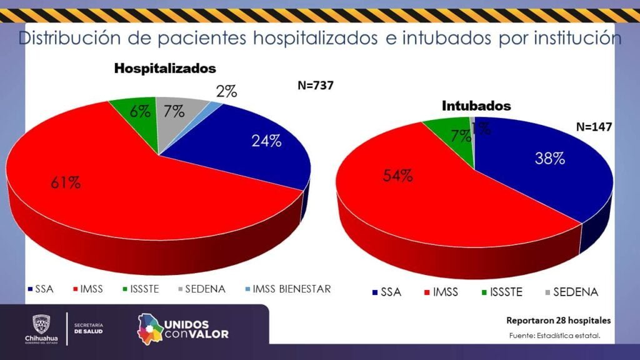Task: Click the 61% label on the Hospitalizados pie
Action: click(x=66, y=183)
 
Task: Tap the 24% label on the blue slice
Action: click(x=266, y=141)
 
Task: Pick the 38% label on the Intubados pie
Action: click(x=549, y=159)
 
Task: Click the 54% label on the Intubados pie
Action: click(x=397, y=175)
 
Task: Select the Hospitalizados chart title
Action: click(x=164, y=69)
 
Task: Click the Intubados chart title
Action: click(x=476, y=106)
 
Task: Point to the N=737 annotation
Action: click(x=316, y=86)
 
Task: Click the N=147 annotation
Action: click(x=594, y=127)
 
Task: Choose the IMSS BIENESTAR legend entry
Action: click(x=291, y=289)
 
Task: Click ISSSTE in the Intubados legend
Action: click(x=506, y=292)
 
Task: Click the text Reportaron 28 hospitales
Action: click(x=558, y=321)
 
